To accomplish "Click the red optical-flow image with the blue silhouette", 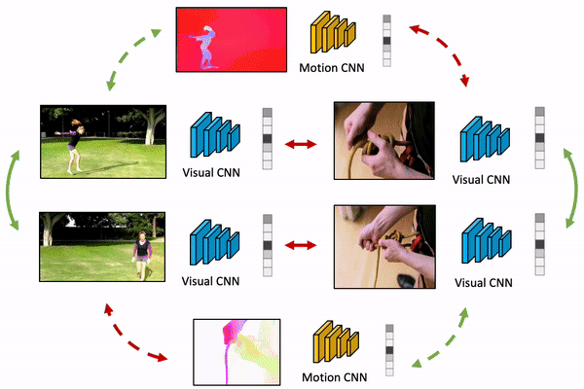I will [230, 39].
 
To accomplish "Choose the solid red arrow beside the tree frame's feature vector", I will [300, 144].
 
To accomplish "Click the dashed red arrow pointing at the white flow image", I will [136, 336].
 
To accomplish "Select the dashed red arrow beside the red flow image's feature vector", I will [444, 54].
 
